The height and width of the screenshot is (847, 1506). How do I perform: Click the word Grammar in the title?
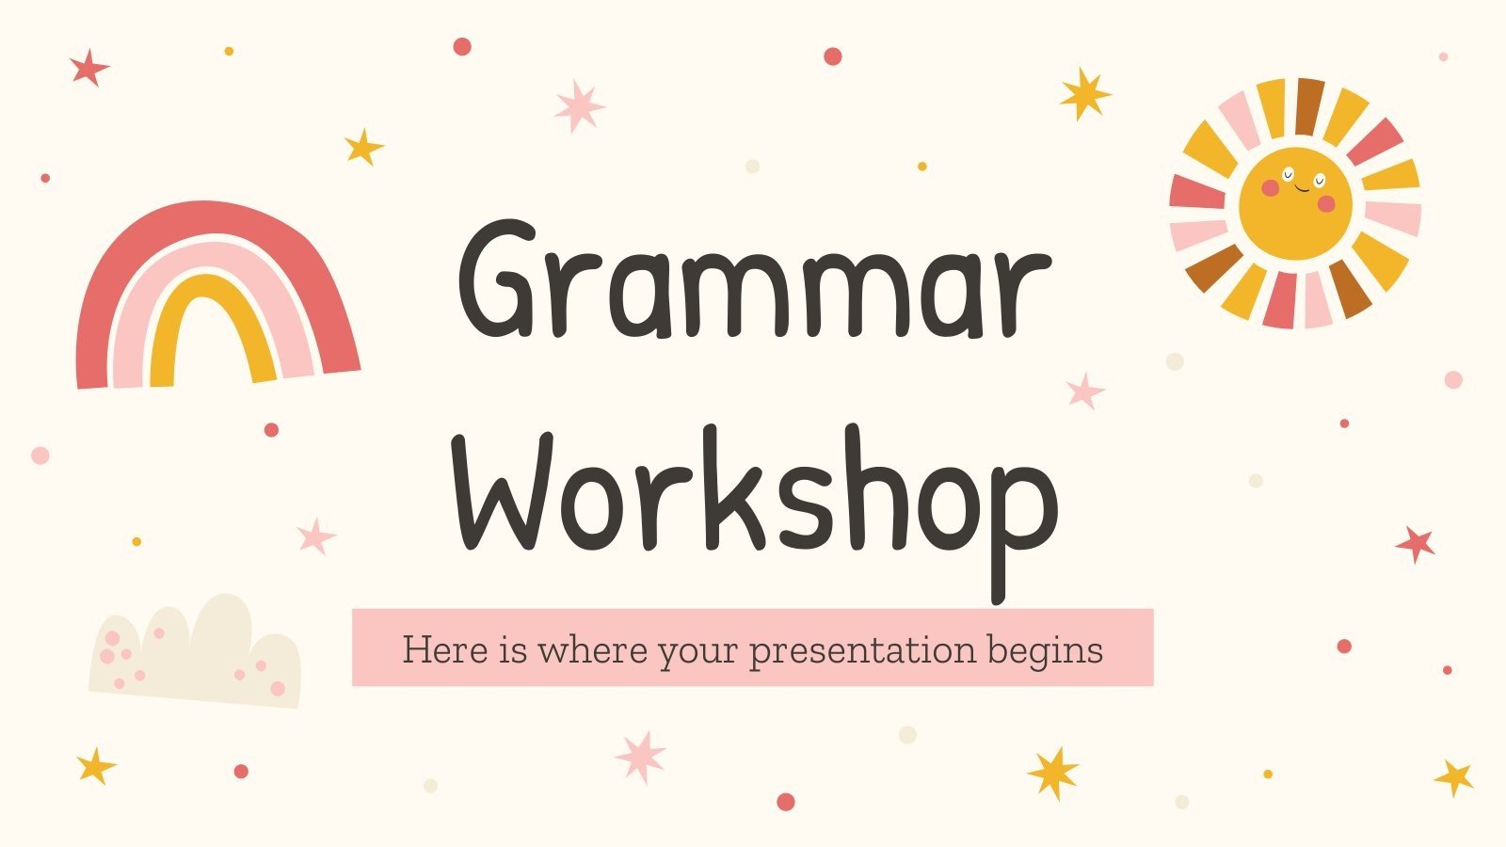pos(753,282)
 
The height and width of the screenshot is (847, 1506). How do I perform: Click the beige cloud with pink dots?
pos(198,654)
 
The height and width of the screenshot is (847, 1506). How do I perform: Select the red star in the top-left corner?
pos(88,68)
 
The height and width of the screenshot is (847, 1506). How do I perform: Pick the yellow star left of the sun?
pos(1084,93)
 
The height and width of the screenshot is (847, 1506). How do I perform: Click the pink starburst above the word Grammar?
pos(579,105)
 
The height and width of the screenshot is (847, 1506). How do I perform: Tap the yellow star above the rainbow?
pos(362,147)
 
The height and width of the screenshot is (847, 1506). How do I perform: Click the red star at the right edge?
pos(1415,543)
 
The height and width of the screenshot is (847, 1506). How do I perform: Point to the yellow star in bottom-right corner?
pos(1453,777)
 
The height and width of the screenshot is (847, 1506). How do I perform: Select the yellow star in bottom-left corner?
pos(95,766)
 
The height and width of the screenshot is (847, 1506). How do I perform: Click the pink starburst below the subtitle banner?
pos(640,756)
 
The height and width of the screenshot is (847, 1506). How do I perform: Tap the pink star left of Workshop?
pos(315,536)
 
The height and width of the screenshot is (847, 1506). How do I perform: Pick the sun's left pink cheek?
pos(1270,188)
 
